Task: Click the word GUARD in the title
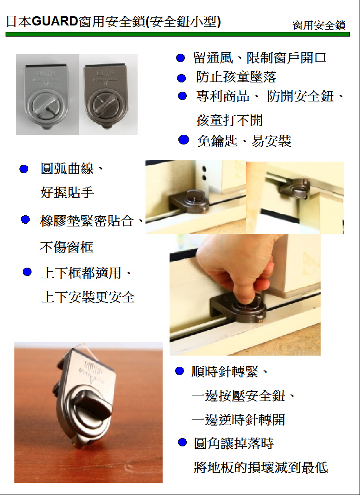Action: pyautogui.click(x=55, y=22)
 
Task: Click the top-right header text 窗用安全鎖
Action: pyautogui.click(x=319, y=25)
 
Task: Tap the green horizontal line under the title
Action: pyautogui.click(x=177, y=34)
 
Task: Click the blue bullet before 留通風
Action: pyautogui.click(x=180, y=58)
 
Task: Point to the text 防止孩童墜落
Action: pyautogui.click(x=236, y=77)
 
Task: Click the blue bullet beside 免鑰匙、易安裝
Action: pyautogui.click(x=183, y=139)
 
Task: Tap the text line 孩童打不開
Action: pyautogui.click(x=230, y=120)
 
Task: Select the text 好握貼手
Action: pyautogui.click(x=67, y=193)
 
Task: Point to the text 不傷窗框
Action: pyautogui.click(x=67, y=247)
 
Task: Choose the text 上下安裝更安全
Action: pyautogui.click(x=88, y=297)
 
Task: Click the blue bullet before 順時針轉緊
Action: pyautogui.click(x=179, y=371)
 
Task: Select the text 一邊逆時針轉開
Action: pyautogui.click(x=239, y=420)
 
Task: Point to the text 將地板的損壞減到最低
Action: pyautogui.click(x=261, y=468)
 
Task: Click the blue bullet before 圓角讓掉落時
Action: pyautogui.click(x=182, y=442)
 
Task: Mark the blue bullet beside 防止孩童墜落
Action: pyautogui.click(x=181, y=78)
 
